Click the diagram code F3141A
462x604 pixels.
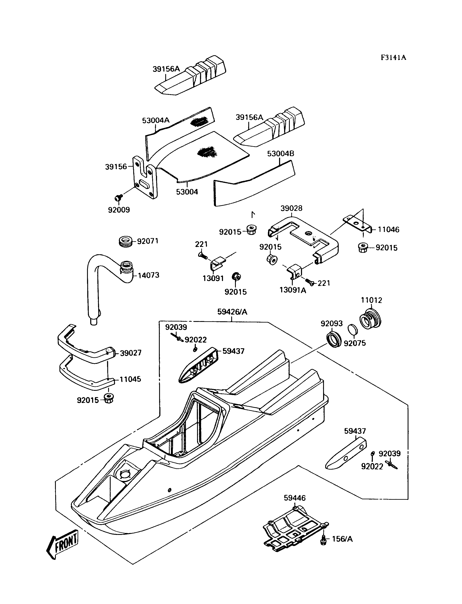[393, 58]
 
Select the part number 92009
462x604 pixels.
[119, 210]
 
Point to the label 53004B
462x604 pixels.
[281, 153]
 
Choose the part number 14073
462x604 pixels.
[149, 275]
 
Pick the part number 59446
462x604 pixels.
[294, 498]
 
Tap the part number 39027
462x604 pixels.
[131, 353]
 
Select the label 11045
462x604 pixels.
[130, 379]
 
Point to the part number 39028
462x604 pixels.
[291, 208]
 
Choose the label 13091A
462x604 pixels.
[293, 290]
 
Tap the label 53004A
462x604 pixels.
[156, 120]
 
